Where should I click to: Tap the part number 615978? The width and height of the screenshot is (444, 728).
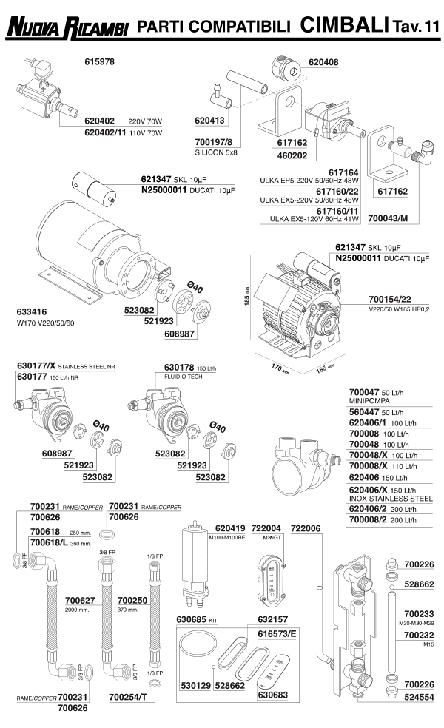coord(95,63)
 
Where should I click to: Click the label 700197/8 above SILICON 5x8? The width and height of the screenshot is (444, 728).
coord(214,141)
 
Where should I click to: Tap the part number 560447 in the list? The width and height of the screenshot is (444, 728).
coord(365,411)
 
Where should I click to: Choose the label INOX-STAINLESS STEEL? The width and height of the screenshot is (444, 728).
coord(389,499)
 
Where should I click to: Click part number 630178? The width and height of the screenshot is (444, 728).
coord(183,366)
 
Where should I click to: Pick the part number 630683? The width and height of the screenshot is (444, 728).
coord(272,695)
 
